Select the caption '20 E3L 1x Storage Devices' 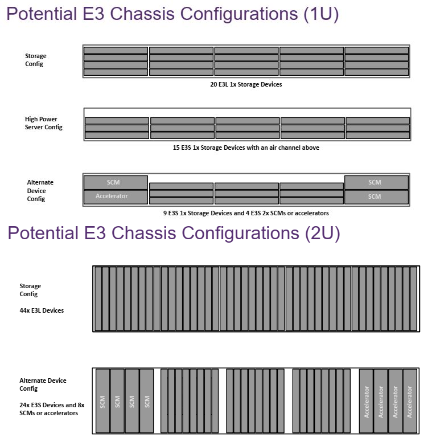246,84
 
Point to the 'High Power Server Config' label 44,123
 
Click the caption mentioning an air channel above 246,148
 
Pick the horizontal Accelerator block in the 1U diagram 116,197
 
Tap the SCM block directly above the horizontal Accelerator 116,182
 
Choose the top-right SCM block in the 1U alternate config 376,182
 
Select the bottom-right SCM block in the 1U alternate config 376,197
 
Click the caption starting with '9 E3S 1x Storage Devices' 246,213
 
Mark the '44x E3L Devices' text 42,310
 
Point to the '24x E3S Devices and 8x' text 52,405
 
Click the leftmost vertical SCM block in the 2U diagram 103,400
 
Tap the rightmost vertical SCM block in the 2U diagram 147,400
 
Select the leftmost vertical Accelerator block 366,400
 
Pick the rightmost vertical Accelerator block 410,400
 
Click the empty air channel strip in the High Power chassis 246,112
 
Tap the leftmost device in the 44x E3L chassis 98,298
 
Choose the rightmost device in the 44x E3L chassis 414,298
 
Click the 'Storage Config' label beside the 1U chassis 36,60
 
